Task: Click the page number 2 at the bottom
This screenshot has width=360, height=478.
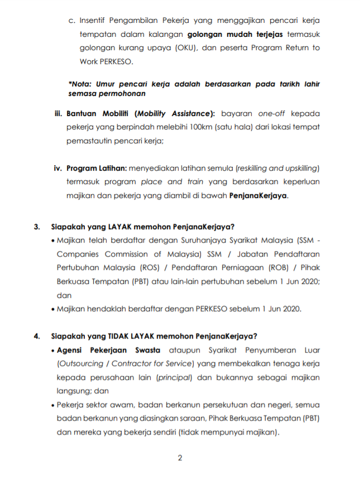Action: [180, 458]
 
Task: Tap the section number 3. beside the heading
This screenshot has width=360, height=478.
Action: [37, 227]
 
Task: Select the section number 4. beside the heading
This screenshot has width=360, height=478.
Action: [37, 336]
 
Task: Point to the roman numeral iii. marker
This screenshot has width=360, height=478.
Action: [58, 113]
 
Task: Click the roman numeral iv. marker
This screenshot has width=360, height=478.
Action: [57, 168]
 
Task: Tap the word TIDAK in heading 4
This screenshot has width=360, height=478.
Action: [112, 336]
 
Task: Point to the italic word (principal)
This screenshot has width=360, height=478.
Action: [175, 378]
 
